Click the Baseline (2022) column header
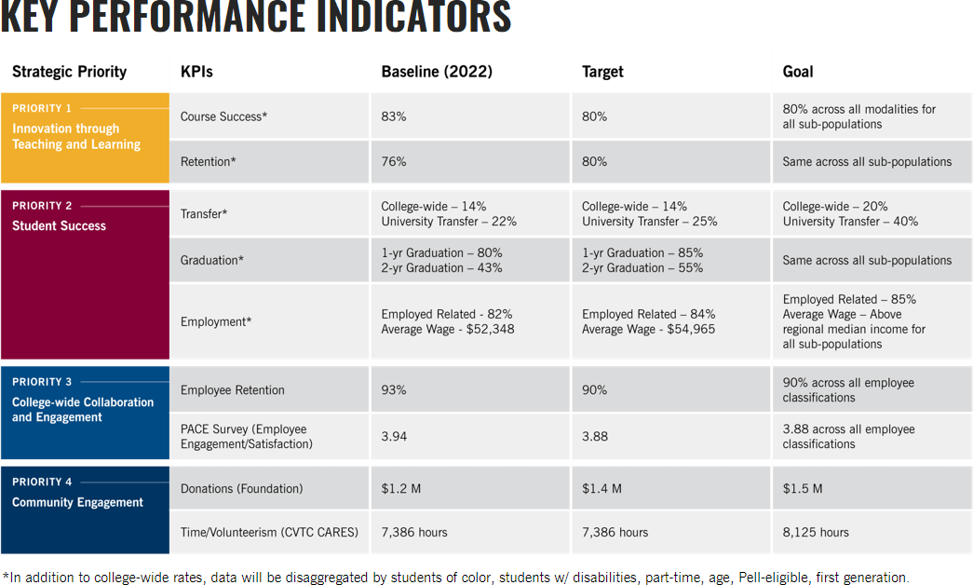click(437, 72)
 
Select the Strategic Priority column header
click(70, 72)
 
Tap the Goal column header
click(797, 72)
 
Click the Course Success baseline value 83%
click(394, 116)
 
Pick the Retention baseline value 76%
click(394, 161)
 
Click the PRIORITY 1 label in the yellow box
click(42, 108)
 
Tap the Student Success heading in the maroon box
click(59, 226)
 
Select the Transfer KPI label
click(204, 213)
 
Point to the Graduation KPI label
click(211, 260)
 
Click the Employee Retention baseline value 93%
click(394, 390)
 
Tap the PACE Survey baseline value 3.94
click(394, 437)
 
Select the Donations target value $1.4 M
click(601, 489)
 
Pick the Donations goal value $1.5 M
click(803, 489)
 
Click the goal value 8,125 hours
click(816, 532)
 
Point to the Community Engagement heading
click(77, 502)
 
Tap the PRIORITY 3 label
click(42, 382)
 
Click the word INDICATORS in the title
click(414, 16)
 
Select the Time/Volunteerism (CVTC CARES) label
click(269, 532)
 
